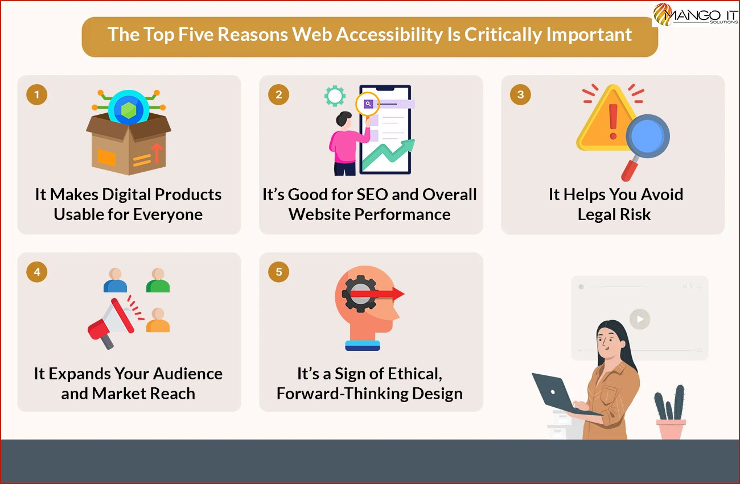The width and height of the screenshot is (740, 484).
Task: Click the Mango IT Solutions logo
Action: tap(695, 14)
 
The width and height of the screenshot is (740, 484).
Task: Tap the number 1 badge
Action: tap(36, 95)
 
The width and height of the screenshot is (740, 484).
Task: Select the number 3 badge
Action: tap(520, 95)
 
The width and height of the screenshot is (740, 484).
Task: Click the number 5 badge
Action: tap(278, 272)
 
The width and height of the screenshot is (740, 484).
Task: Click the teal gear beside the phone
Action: tap(335, 96)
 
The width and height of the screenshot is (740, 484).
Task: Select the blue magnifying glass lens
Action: tap(648, 136)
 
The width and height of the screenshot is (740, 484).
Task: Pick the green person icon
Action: tap(158, 280)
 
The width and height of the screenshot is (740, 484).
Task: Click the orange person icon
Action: tap(158, 320)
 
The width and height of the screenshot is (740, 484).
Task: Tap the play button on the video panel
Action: tap(640, 319)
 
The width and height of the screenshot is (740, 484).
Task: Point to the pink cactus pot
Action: tap(671, 429)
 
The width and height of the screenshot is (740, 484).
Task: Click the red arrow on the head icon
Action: tap(377, 293)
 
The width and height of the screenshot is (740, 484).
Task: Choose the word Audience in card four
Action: tap(188, 374)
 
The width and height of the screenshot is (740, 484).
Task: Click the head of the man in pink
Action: tap(344, 119)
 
